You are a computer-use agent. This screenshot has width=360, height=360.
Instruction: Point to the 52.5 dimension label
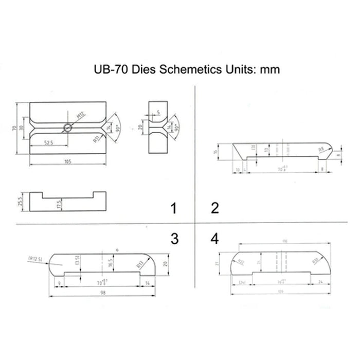click(x=49, y=142)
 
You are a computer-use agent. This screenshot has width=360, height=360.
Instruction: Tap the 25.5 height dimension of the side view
click(x=20, y=201)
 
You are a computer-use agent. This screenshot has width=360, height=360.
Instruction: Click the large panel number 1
click(x=174, y=208)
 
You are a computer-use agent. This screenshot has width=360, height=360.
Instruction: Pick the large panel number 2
click(x=215, y=208)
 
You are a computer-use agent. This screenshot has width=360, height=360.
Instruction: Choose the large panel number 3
click(x=174, y=239)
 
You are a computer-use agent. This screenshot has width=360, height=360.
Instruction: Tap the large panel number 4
click(x=215, y=239)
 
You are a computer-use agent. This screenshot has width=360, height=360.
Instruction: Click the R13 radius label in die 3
click(x=139, y=265)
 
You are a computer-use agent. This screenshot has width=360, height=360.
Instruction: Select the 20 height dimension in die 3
click(x=166, y=264)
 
